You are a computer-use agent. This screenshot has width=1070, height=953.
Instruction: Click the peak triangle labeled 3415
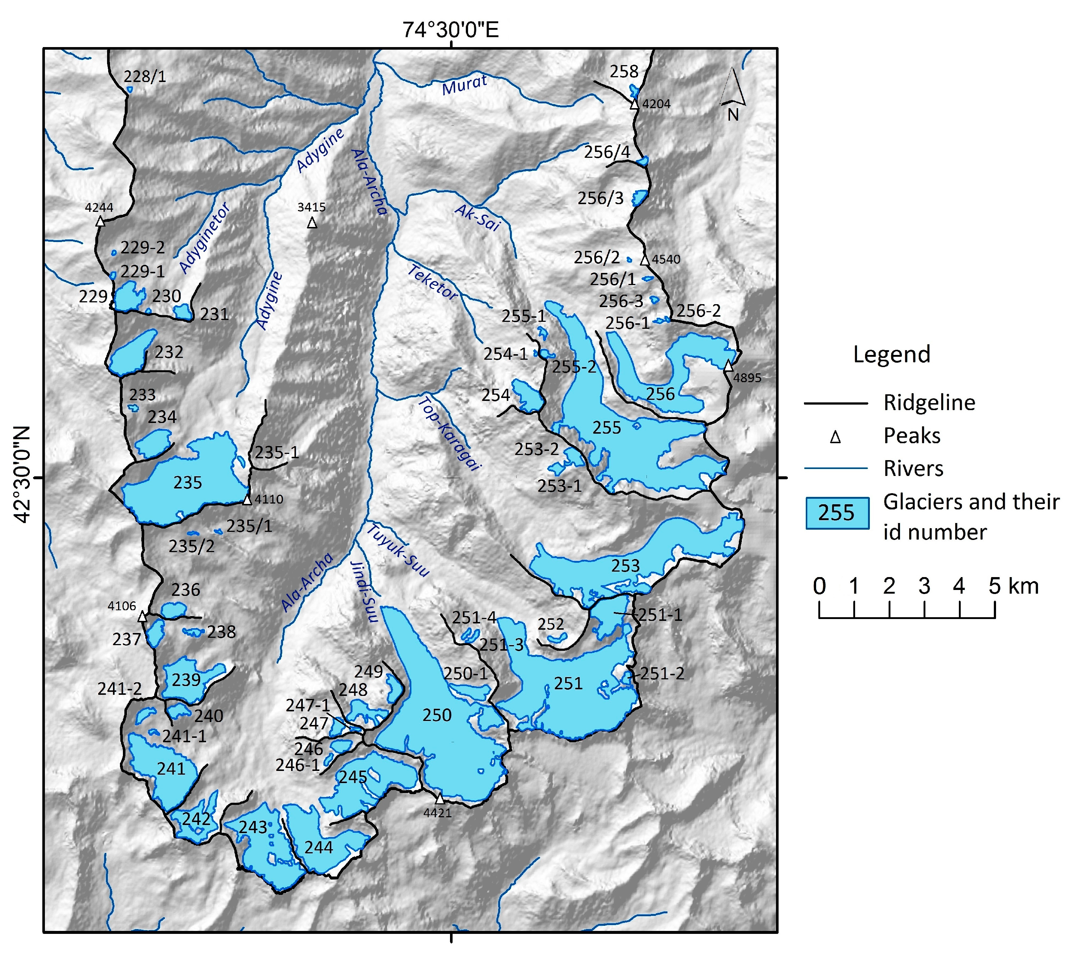(x=312, y=223)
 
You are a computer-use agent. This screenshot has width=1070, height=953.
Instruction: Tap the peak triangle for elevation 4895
(x=729, y=366)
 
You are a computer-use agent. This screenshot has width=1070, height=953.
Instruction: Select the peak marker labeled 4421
(x=439, y=799)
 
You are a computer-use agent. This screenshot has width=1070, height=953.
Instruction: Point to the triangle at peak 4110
(x=247, y=500)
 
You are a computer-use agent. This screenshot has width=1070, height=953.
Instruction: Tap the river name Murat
(x=464, y=85)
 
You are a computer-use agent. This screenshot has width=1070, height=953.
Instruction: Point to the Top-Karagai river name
(x=449, y=434)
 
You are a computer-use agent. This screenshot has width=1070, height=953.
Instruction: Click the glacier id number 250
(x=437, y=715)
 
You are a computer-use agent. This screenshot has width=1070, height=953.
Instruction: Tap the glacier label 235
(x=188, y=482)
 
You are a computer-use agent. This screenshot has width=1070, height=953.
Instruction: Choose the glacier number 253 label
(x=626, y=566)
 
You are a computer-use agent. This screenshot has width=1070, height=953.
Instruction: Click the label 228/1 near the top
(x=145, y=77)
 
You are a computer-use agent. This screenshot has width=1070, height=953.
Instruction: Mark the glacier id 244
(x=318, y=847)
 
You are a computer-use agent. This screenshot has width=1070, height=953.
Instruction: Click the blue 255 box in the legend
(x=836, y=513)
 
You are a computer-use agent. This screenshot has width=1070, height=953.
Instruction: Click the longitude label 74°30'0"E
(x=450, y=30)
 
